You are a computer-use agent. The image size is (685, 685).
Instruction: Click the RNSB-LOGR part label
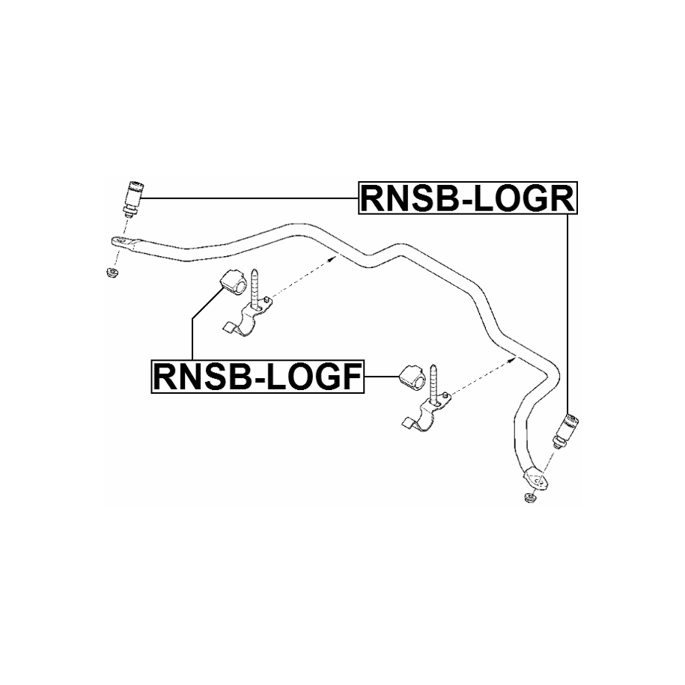click(x=468, y=198)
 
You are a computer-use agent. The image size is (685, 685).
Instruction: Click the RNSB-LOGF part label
click(x=258, y=376)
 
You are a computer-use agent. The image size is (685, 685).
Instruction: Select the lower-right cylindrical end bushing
click(x=566, y=430)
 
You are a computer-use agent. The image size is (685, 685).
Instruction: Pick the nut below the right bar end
click(x=530, y=498)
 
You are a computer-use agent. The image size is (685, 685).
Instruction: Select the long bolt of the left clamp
click(x=255, y=290)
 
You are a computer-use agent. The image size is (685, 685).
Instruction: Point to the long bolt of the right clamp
click(x=435, y=384)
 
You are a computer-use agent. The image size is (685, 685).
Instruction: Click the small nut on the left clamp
click(x=266, y=299)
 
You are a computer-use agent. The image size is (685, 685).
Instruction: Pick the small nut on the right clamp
click(x=445, y=396)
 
